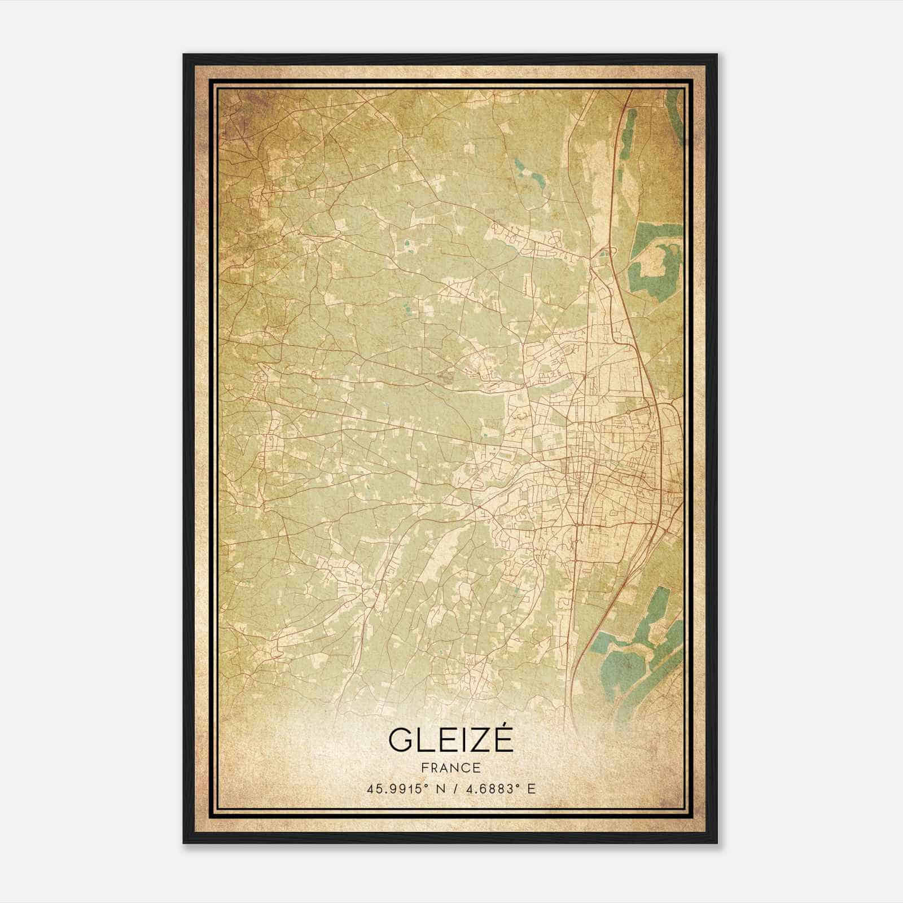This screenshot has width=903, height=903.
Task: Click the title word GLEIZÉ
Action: click(450, 740)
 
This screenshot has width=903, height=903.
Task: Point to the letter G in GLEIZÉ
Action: click(400, 740)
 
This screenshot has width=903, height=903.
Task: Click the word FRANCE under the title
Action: click(450, 768)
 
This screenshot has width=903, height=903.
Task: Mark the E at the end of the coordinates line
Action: click(531, 789)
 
